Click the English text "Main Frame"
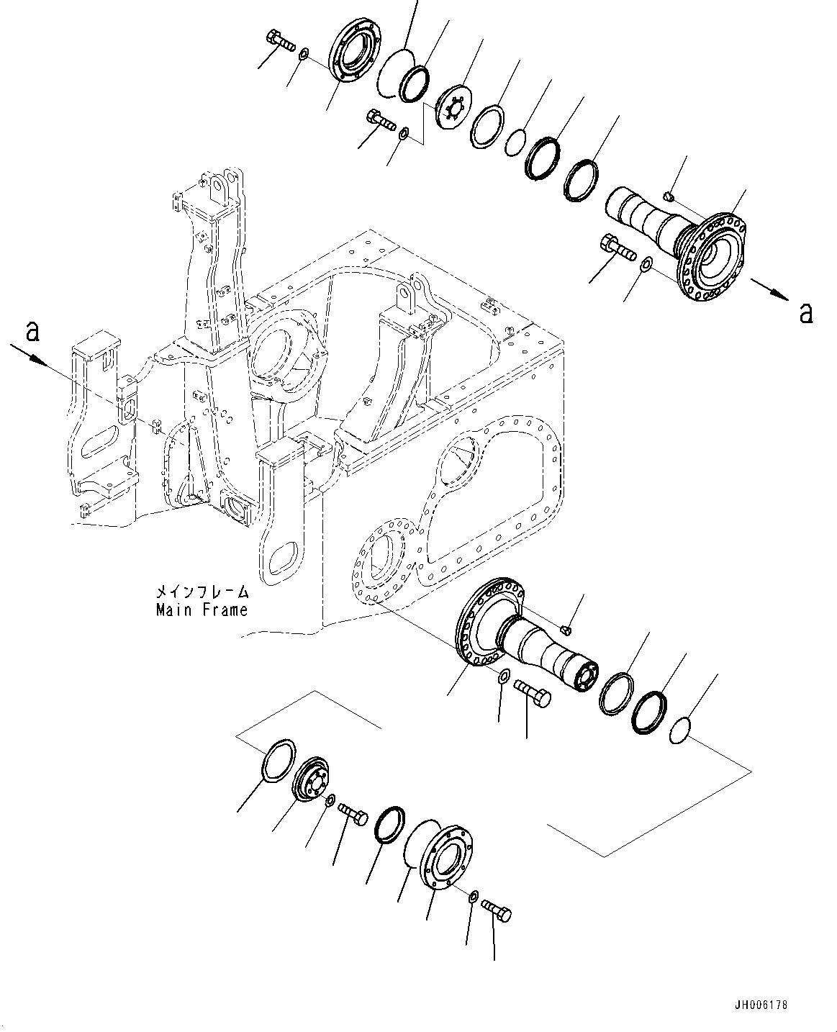[202, 610]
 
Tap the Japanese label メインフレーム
[202, 592]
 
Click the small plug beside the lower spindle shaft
[566, 631]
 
